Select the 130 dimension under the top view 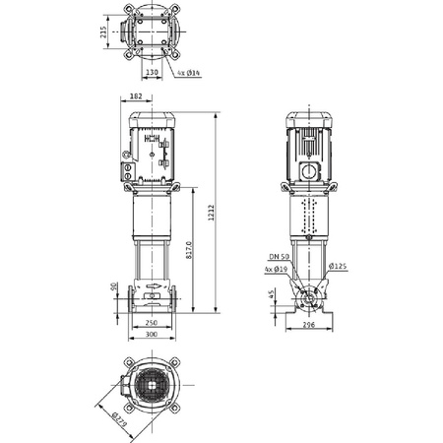(x=152, y=72)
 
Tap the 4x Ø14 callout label (x=191, y=73)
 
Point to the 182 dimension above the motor (x=136, y=96)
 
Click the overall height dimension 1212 (x=212, y=212)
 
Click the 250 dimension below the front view (x=151, y=322)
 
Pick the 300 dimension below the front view (x=151, y=335)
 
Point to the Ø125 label (x=339, y=266)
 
